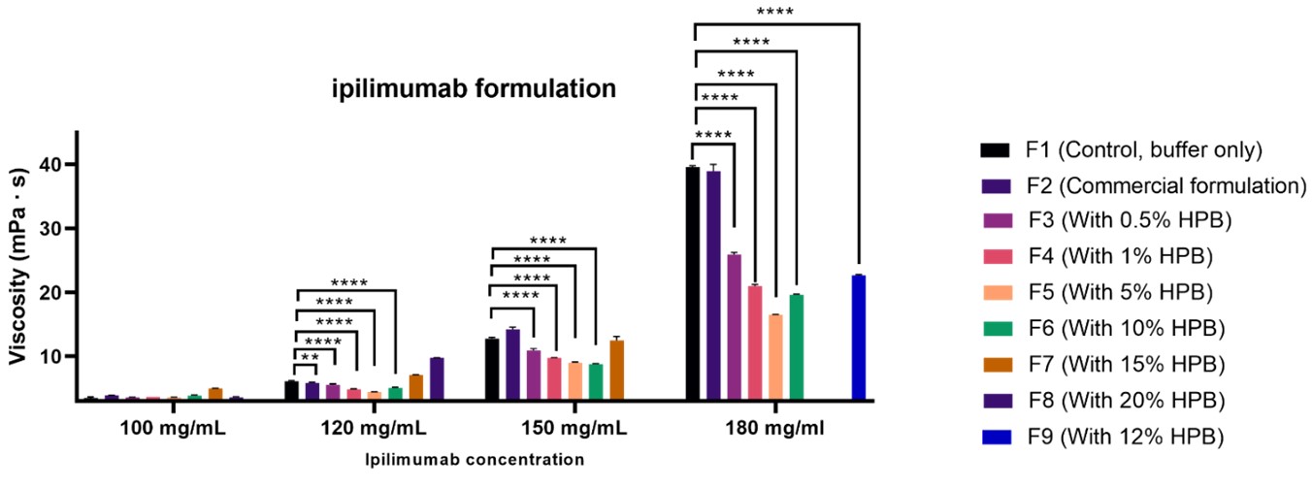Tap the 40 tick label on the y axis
tap(61, 165)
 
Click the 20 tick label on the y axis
tap(61, 293)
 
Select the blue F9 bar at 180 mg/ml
tap(858, 338)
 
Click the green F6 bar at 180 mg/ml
tap(796, 346)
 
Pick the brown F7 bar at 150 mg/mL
tap(616, 370)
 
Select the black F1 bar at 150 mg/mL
tap(492, 369)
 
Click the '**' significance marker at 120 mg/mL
tap(311, 358)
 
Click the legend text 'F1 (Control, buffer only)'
tap(1143, 149)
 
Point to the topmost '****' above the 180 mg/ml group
tap(774, 13)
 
